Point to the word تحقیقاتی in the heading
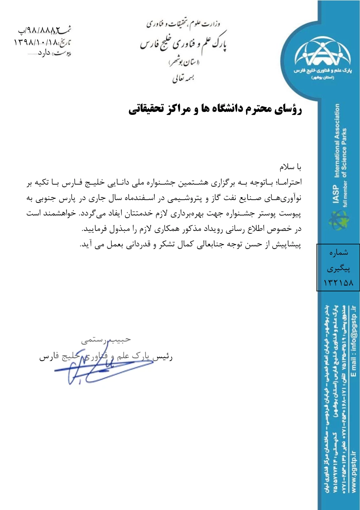point(149,109)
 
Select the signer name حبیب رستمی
point(106,340)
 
